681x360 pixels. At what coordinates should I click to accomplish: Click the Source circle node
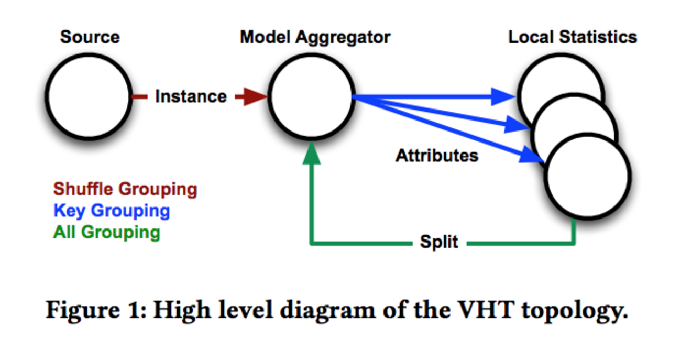click(88, 96)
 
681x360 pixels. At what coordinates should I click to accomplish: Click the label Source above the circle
click(90, 37)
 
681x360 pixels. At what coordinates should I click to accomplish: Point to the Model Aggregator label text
click(315, 37)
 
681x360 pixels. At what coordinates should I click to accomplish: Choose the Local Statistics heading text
click(573, 37)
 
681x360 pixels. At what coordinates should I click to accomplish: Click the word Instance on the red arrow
click(191, 97)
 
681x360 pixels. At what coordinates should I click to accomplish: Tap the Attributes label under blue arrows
click(436, 156)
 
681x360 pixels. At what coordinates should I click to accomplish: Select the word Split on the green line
click(439, 242)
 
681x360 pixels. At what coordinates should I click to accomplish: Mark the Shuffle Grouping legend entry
click(125, 189)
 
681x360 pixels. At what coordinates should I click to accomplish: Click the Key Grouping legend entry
click(112, 211)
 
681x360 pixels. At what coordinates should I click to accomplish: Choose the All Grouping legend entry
click(106, 232)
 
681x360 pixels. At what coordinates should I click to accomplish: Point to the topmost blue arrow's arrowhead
click(506, 96)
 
